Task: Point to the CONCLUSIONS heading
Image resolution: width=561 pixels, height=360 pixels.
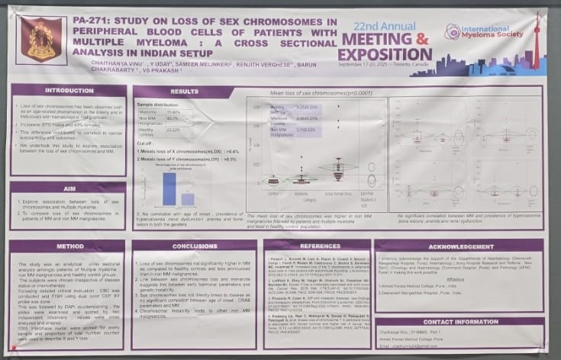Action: click(195, 246)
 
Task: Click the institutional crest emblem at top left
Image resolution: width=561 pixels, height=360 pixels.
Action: click(40, 40)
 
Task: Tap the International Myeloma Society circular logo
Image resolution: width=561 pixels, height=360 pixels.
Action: click(453, 31)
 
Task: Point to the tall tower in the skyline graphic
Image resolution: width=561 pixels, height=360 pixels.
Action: click(537, 42)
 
